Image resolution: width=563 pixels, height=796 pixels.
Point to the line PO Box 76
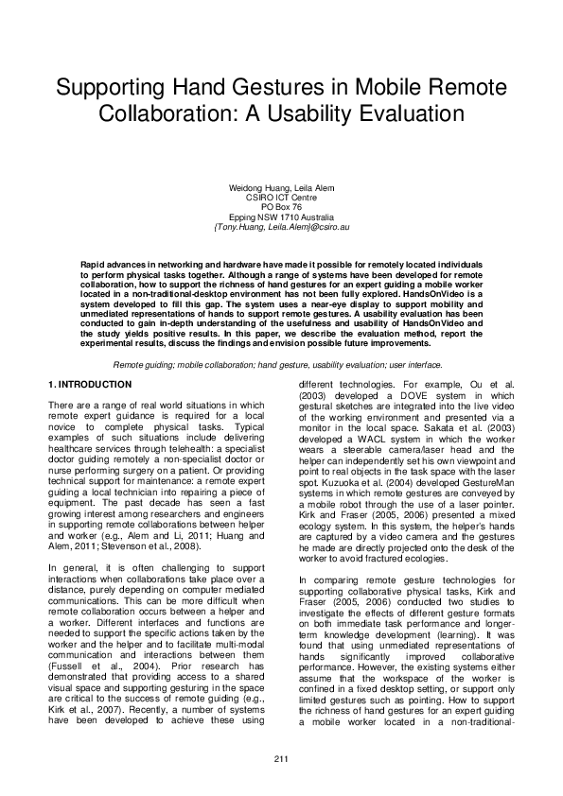[281, 205]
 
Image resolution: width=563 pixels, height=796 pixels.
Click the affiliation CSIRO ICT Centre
[281, 197]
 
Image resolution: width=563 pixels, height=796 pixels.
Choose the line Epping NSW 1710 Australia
[281, 216]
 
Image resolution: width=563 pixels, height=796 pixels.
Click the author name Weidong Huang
[254, 188]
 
